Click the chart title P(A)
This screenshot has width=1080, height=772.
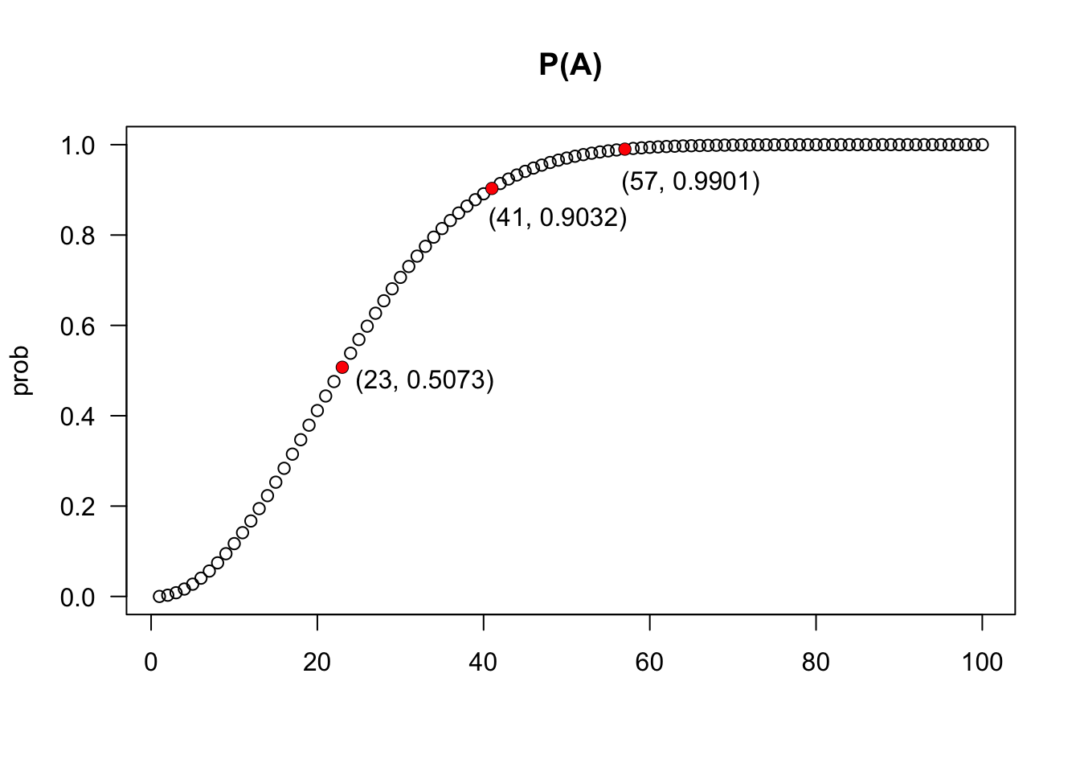coord(570,66)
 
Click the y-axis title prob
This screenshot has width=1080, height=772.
coord(21,370)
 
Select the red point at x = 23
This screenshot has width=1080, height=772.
coord(342,368)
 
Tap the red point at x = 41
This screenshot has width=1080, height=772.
coord(492,188)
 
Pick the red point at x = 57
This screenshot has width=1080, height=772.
coord(624,149)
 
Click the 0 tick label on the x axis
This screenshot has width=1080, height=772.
coord(151,663)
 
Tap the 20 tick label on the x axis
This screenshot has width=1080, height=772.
coord(317,663)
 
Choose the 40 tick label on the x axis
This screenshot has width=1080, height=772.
coord(483,663)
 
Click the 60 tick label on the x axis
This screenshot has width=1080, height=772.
coord(649,663)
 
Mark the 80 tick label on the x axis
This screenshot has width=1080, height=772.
coord(816,663)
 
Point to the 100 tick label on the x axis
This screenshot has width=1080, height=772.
coord(982,663)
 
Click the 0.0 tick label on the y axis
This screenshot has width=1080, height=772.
coord(78,597)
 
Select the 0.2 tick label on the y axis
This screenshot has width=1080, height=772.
coord(78,507)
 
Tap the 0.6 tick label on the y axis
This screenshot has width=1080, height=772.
coord(78,326)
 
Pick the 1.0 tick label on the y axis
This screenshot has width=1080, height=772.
coord(78,146)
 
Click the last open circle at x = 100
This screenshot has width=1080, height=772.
coord(982,145)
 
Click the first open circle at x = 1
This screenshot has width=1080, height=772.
coord(159,596)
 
